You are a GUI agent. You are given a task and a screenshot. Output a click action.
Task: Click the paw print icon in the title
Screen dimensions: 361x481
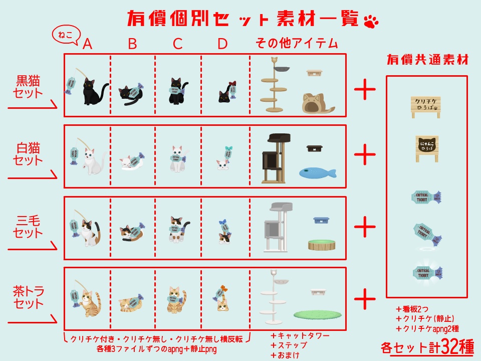(371, 21)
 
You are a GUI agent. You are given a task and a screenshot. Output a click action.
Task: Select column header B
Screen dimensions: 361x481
(132, 44)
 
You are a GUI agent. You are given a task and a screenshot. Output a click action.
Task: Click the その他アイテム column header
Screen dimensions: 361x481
(297, 44)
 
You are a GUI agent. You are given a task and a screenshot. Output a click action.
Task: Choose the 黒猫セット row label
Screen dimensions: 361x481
(29, 86)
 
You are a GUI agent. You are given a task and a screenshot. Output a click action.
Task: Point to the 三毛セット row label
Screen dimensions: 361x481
(28, 227)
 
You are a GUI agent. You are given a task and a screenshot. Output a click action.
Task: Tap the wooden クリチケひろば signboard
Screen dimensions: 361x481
(425, 107)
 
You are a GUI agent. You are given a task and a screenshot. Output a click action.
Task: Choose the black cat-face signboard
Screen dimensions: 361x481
(426, 148)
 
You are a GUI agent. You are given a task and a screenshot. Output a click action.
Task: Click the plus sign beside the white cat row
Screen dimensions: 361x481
(365, 155)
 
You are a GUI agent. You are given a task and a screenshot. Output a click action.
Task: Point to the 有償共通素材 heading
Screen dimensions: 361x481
(427, 60)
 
